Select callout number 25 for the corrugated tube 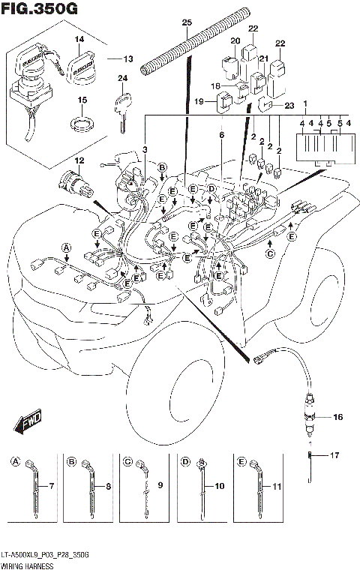point(187,22)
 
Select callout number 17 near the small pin point(335,454)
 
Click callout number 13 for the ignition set point(127,58)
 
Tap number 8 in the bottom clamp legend point(108,487)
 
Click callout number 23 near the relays point(289,106)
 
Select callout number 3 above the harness point(145,150)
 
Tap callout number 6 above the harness point(221,135)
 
